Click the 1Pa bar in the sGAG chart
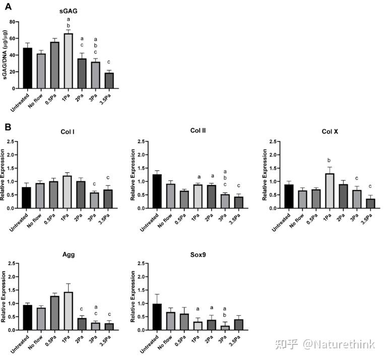point(68,61)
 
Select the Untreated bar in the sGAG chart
point(27,68)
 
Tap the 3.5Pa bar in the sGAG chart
point(109,80)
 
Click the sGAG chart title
point(69,11)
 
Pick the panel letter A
point(8,7)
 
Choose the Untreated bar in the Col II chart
point(157,191)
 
